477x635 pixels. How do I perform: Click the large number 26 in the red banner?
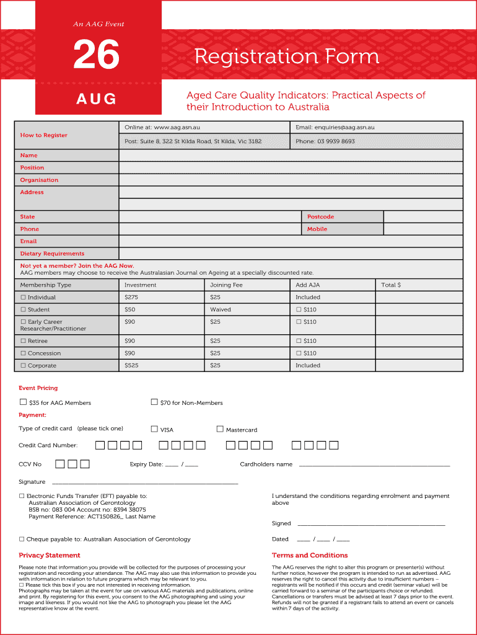96,56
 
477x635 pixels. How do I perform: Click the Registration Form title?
286,56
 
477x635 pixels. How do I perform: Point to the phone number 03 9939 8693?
325,141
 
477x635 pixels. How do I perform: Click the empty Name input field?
291,155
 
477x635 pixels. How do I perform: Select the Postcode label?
320,216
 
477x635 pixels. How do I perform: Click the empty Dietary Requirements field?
291,254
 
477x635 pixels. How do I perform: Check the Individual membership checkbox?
23,298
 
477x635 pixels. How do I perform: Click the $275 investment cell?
130,297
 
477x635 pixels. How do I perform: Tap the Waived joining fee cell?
220,309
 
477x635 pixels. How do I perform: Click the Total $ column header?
391,285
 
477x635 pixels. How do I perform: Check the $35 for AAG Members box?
24,402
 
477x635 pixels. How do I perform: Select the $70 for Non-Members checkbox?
154,402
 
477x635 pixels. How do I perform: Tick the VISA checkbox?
154,429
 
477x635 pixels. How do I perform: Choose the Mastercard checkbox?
220,429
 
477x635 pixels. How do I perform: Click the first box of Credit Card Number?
100,445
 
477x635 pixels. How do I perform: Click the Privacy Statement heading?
50,555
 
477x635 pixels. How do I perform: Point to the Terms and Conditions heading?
310,555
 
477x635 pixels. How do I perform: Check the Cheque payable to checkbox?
22,539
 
